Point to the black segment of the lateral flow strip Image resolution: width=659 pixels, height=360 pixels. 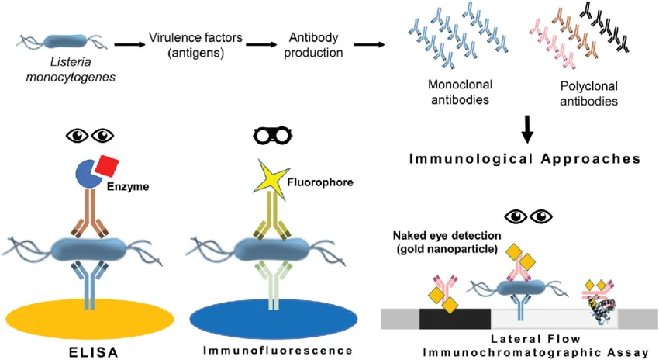click(454, 318)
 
